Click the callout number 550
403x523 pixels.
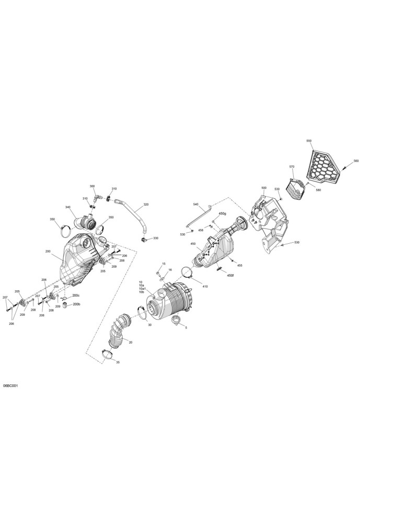click(309, 141)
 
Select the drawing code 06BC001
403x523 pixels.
click(10, 385)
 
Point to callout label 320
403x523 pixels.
click(146, 204)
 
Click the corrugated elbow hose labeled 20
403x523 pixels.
click(118, 330)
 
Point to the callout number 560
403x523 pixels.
click(356, 161)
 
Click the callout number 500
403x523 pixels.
click(263, 188)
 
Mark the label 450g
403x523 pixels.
click(222, 213)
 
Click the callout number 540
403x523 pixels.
click(195, 204)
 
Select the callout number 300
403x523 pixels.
click(92, 186)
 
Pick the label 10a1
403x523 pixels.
click(143, 289)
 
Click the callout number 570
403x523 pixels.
click(292, 166)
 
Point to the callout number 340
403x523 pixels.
click(68, 207)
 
